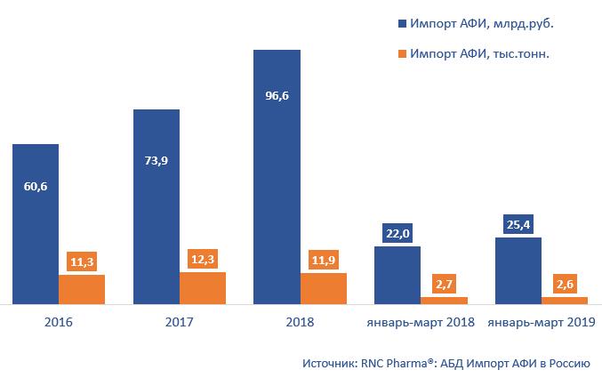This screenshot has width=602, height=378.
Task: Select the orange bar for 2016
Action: click(82, 289)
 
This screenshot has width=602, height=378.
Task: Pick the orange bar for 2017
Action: click(203, 288)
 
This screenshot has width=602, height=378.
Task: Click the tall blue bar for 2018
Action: click(277, 177)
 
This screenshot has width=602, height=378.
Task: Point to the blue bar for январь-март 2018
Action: click(397, 276)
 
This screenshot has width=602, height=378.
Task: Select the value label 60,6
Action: click(36, 187)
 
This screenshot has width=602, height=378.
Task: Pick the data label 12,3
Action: click(203, 258)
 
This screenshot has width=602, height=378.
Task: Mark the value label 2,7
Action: click(444, 284)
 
